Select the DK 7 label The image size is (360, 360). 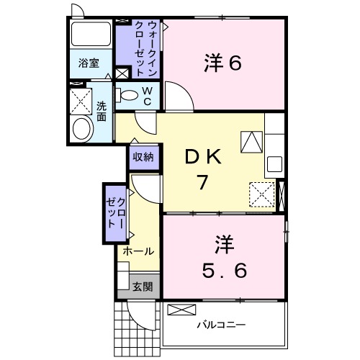[203, 170]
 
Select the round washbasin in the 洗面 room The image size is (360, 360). [83, 129]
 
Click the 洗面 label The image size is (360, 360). [102, 111]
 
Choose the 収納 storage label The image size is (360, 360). [142, 156]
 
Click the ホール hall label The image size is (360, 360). [138, 251]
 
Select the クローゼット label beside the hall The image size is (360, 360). [116, 210]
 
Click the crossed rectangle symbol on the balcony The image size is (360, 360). [182, 310]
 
